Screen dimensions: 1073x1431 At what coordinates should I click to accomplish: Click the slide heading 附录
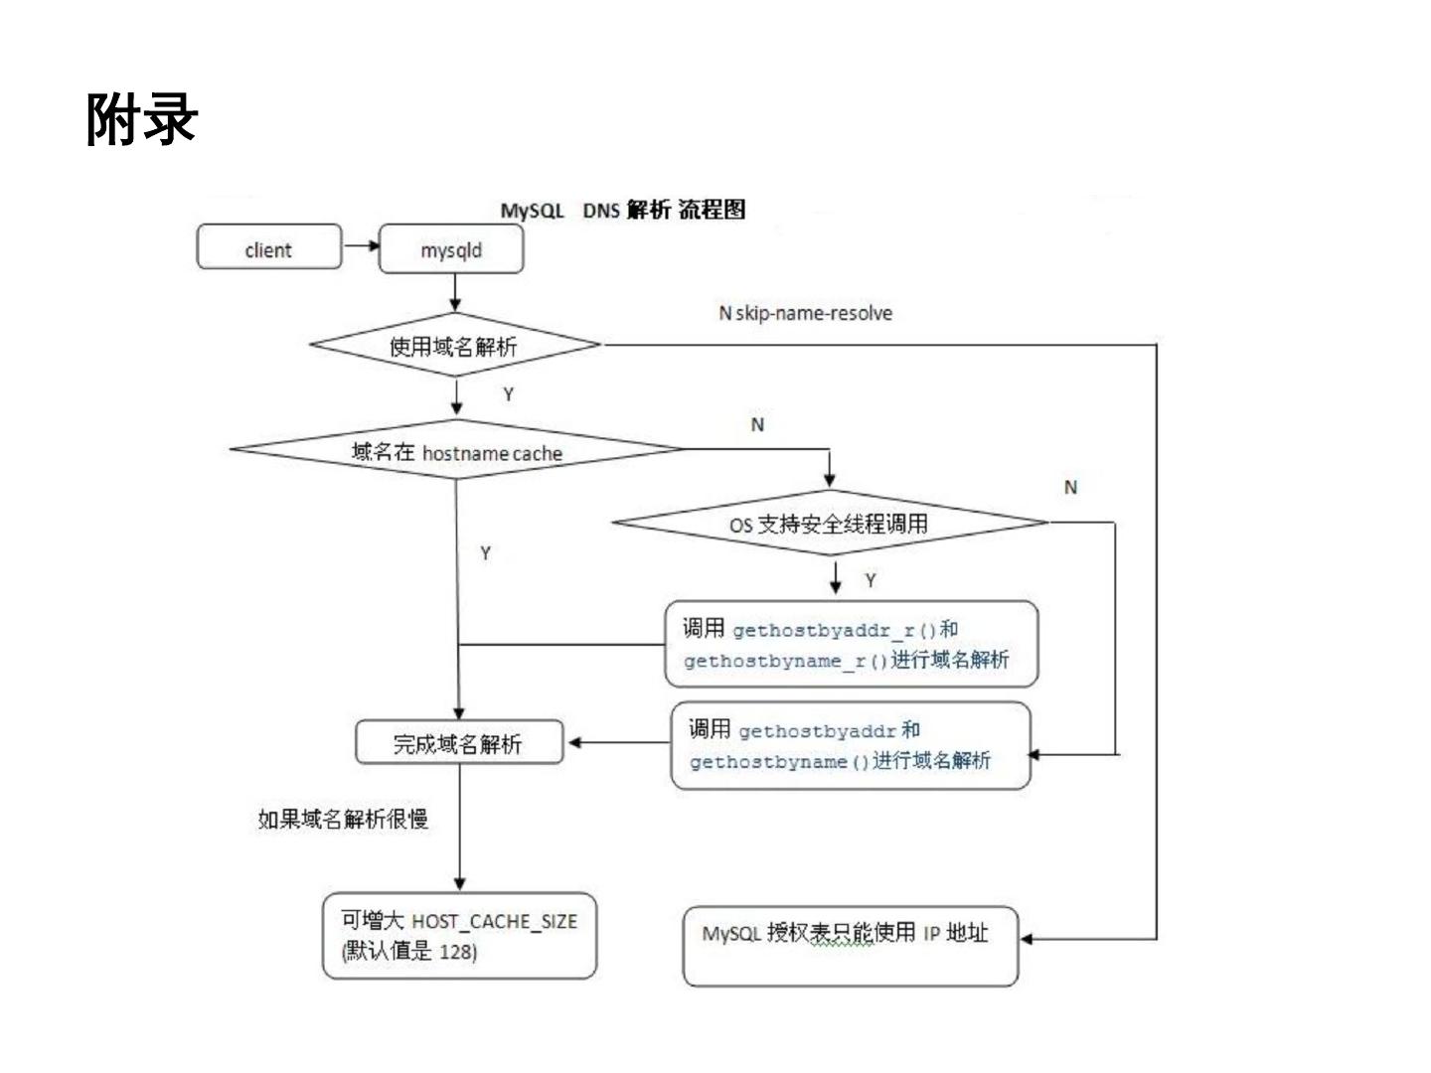[142, 120]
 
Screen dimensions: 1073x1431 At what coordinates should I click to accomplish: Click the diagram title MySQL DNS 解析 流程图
[622, 210]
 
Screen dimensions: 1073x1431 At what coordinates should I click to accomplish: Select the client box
[268, 248]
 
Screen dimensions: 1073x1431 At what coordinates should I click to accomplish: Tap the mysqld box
[451, 249]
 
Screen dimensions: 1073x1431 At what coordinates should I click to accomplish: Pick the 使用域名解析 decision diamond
[454, 346]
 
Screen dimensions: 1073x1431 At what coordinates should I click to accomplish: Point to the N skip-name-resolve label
[805, 313]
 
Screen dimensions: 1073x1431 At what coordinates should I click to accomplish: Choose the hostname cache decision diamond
[457, 452]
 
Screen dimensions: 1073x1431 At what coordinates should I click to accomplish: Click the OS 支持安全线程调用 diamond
[830, 524]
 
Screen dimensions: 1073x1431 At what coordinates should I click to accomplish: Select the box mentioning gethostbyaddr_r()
[851, 644]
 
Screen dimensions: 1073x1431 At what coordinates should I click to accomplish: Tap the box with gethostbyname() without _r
[851, 745]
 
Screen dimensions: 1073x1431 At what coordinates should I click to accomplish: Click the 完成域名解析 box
[458, 743]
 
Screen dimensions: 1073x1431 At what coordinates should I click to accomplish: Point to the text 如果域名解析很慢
[343, 819]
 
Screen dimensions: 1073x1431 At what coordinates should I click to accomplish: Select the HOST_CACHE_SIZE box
[459, 936]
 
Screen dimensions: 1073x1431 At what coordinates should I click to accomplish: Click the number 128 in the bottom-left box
[456, 952]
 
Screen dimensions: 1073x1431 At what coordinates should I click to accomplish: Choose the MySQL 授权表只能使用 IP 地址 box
[850, 945]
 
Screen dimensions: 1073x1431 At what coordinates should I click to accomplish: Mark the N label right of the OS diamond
[1070, 487]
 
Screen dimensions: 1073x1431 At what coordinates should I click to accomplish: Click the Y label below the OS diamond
[871, 580]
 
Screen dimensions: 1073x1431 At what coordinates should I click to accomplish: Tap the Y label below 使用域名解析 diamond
[508, 394]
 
